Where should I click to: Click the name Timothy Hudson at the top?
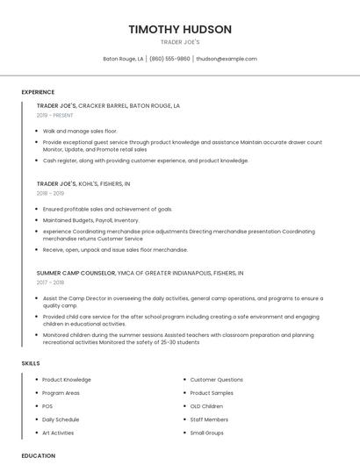[180, 29]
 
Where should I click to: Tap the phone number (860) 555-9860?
[169, 59]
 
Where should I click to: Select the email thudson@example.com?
[227, 59]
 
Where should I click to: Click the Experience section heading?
[38, 92]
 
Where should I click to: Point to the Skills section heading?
[31, 362]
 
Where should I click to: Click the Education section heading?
[38, 455]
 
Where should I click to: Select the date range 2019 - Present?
[54, 115]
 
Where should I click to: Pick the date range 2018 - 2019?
[50, 193]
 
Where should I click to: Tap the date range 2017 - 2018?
[50, 283]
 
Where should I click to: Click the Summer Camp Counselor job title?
[75, 273]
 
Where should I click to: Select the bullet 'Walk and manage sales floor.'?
[80, 131]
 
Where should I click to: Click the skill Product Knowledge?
[67, 380]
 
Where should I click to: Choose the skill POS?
[48, 406]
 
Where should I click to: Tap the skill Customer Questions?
[217, 380]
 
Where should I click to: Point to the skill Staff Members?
[209, 419]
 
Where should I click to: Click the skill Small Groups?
[207, 433]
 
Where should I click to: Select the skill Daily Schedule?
[61, 419]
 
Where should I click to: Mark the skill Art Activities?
[59, 433]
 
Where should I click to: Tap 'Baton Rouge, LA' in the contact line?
[123, 59]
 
